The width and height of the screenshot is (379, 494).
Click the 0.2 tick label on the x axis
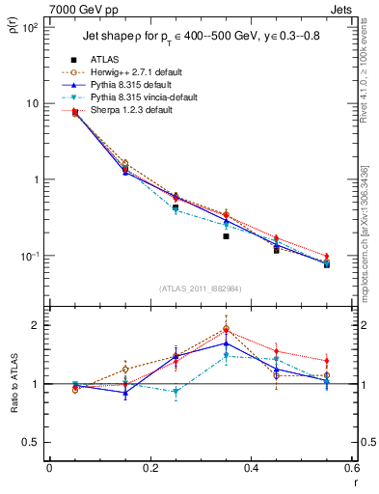coord(149,468)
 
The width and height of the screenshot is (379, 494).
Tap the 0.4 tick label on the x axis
coord(251,468)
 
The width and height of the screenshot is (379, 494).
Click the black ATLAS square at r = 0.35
coord(226,235)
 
